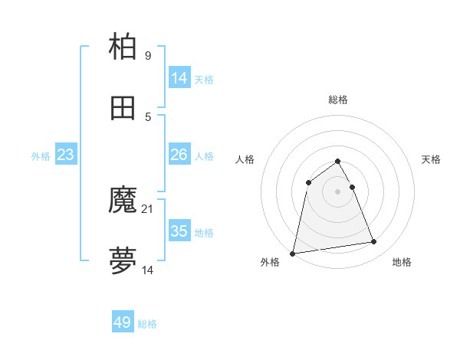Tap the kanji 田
pos(123,108)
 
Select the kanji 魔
pos(123,201)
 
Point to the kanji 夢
pos(123,261)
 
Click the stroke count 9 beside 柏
pos(148,56)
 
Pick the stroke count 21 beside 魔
pos(149,209)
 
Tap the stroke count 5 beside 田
pos(148,116)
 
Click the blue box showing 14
pos(179,78)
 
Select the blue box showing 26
pos(179,155)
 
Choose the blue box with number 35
pos(179,231)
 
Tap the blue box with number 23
pos(66,155)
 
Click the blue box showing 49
pos(123,322)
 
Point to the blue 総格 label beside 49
pos(148,324)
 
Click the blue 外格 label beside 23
pos(41,156)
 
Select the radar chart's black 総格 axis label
pos(338,100)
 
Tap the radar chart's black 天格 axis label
pos(432,159)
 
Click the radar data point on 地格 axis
pos(374,242)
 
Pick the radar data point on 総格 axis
pos(338,161)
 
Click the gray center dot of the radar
pos(338,191)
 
